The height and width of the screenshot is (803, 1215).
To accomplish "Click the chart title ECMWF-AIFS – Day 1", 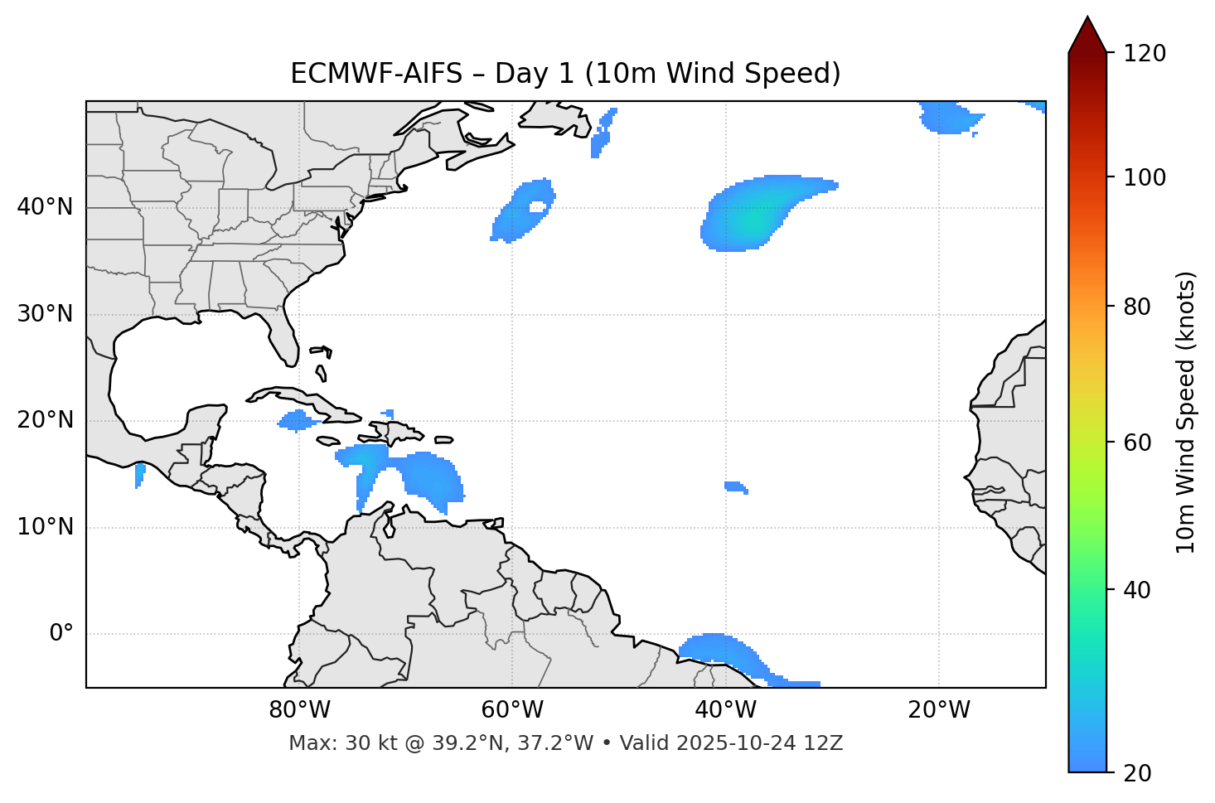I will coord(565,74).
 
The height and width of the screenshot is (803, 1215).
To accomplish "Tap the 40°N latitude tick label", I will coord(45,207).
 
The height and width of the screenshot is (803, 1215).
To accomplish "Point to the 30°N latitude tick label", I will coord(45,314).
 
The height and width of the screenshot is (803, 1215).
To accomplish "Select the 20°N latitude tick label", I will coord(45,420).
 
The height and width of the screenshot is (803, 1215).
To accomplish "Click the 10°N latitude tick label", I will coord(45,527).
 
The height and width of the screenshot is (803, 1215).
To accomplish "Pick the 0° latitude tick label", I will coord(61,634).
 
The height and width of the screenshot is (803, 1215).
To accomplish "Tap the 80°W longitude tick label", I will coord(299,710).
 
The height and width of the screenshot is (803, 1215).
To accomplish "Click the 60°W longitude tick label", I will coord(512,710).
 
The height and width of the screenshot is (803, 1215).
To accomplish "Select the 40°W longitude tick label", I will coord(726,710).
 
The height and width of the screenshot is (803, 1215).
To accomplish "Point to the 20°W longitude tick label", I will coord(939,710).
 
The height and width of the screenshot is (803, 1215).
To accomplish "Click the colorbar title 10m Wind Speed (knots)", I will coord(1186,412).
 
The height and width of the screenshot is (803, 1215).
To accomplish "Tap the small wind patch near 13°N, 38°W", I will coord(735,486).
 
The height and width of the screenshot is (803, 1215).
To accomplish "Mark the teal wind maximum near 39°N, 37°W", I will coord(750,220).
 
